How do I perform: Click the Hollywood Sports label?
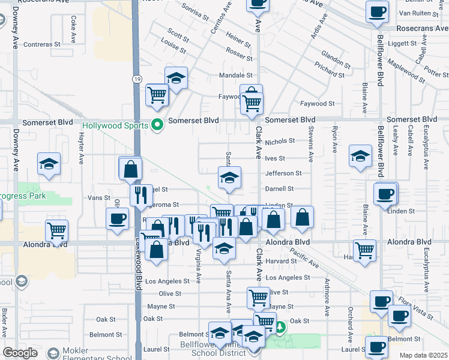[x=115, y=125]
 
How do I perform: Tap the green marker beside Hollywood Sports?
[x=158, y=125]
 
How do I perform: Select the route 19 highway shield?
[x=137, y=79]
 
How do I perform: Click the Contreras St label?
[x=42, y=44]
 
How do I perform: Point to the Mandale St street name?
[x=235, y=76]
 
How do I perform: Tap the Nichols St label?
[x=280, y=142]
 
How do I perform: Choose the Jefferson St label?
[x=283, y=173]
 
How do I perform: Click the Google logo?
[x=20, y=353]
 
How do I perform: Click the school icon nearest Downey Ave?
[x=49, y=164]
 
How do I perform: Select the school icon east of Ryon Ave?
[x=360, y=157]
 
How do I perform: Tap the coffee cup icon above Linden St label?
[x=385, y=194]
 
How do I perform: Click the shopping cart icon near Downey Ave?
[x=56, y=230]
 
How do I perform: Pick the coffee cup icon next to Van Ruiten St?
[x=378, y=11]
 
